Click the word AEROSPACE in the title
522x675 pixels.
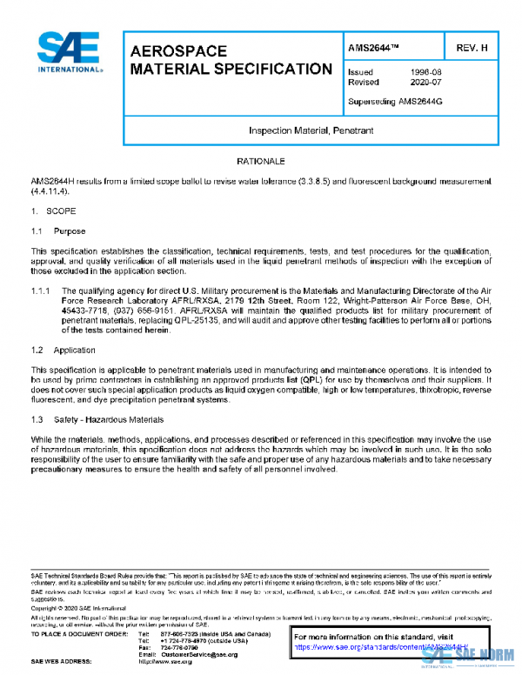coord(178,51)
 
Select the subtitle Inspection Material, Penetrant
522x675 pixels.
coord(311,130)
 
